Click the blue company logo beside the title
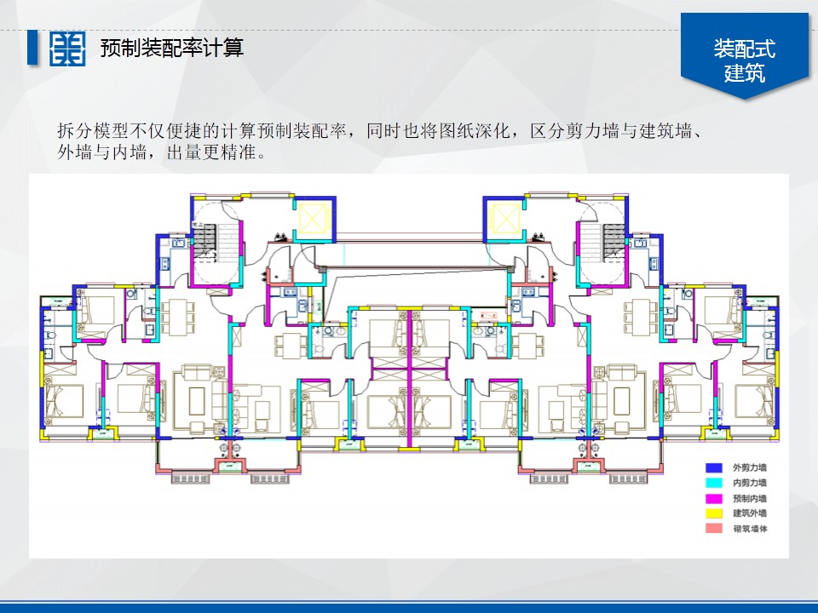(x=67, y=49)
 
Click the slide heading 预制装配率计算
(x=171, y=48)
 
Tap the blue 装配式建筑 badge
(x=745, y=60)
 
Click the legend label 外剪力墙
(x=750, y=467)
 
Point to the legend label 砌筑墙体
(x=750, y=529)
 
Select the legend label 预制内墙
(x=750, y=498)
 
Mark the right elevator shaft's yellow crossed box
(x=503, y=220)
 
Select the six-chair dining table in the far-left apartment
(x=178, y=318)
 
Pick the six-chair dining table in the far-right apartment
(x=640, y=318)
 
